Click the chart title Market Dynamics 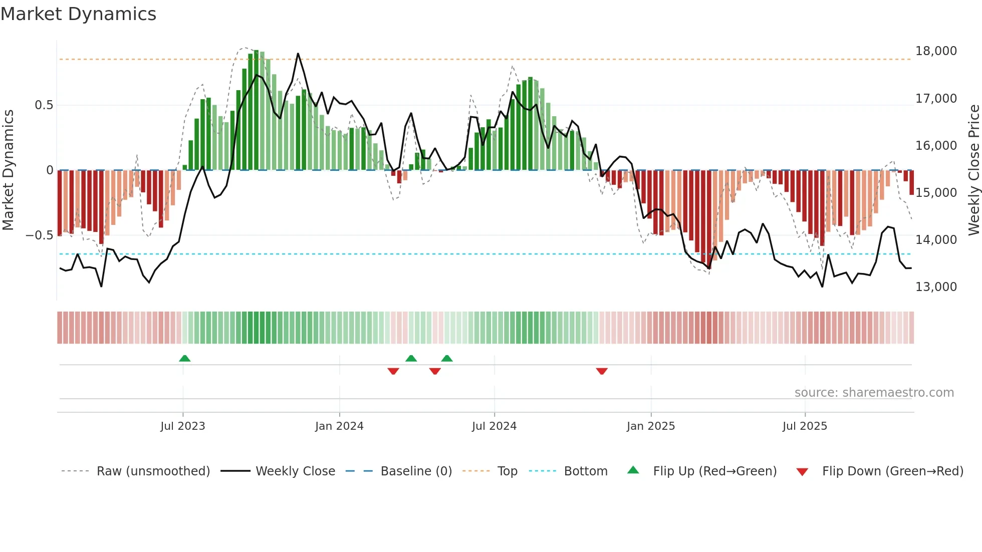(78, 14)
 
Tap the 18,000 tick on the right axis (936, 51)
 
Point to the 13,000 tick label (936, 287)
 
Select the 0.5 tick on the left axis (44, 105)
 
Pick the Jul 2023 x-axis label (183, 426)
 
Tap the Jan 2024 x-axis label (339, 426)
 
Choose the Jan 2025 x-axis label (651, 426)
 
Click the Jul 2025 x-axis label (805, 426)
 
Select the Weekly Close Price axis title (973, 170)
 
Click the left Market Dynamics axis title (8, 170)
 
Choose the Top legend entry (507, 471)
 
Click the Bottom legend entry (585, 471)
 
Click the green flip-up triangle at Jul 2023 (184, 359)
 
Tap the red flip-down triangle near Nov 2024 (602, 371)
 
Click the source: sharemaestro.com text (874, 393)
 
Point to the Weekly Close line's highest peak (298, 54)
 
